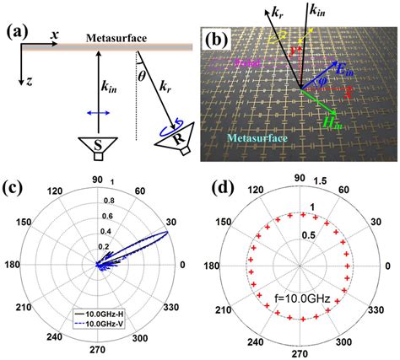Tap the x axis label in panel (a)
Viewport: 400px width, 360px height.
[53, 33]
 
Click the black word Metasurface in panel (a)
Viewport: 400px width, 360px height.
[121, 38]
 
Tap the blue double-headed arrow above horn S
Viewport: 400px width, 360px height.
[99, 112]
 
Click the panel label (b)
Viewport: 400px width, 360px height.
[217, 40]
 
